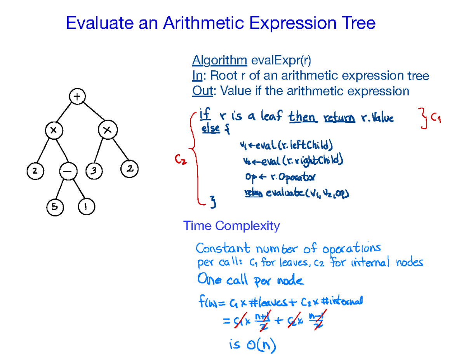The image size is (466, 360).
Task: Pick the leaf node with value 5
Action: [x=54, y=207]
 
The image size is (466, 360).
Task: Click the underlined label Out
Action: [x=203, y=91]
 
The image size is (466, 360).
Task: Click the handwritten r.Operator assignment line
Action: [x=280, y=177]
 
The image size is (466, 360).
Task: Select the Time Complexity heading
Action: [x=231, y=226]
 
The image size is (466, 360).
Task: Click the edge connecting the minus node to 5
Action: [x=59, y=189]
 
